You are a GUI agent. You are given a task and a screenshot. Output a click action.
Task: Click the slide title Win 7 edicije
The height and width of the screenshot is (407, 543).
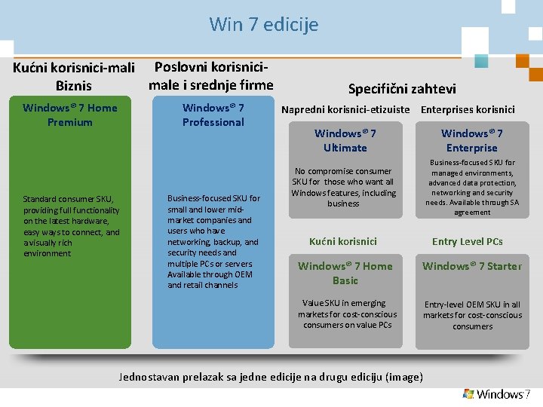[264, 25]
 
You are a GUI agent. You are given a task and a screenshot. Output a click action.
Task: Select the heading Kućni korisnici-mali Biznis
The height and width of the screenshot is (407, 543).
[74, 76]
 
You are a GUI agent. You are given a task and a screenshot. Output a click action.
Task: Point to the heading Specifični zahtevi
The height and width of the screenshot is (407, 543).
[402, 88]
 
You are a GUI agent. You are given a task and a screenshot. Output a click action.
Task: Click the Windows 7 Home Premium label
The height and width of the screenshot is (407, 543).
[70, 115]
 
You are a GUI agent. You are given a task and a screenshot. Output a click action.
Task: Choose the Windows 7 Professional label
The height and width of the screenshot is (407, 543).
[213, 115]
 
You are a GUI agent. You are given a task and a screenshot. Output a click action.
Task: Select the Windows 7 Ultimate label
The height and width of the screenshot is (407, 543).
[345, 140]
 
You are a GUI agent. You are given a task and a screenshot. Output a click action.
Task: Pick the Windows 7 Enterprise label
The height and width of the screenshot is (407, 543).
[472, 140]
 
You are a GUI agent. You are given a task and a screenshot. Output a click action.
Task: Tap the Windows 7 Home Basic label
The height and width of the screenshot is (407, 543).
[345, 273]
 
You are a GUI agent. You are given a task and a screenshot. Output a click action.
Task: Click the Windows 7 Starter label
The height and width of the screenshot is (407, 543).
[472, 266]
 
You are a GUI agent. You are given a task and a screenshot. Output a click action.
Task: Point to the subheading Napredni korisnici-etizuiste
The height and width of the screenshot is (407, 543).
[346, 109]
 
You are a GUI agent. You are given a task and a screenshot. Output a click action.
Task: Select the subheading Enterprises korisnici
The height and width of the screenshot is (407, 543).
[468, 109]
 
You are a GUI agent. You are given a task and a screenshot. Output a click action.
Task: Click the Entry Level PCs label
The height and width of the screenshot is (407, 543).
[467, 241]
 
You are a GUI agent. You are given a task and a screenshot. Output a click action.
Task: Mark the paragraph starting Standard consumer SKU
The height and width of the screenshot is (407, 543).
[72, 226]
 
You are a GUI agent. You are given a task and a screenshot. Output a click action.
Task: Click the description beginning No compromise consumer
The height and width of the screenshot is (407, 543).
[344, 187]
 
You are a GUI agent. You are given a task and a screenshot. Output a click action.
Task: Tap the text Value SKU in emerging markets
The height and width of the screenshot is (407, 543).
[344, 314]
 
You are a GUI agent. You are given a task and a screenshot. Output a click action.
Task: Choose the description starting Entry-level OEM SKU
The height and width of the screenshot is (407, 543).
[472, 315]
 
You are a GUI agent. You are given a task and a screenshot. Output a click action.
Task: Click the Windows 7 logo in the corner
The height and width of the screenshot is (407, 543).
[497, 394]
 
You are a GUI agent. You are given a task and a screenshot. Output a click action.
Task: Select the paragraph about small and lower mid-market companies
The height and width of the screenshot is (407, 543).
[213, 241]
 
